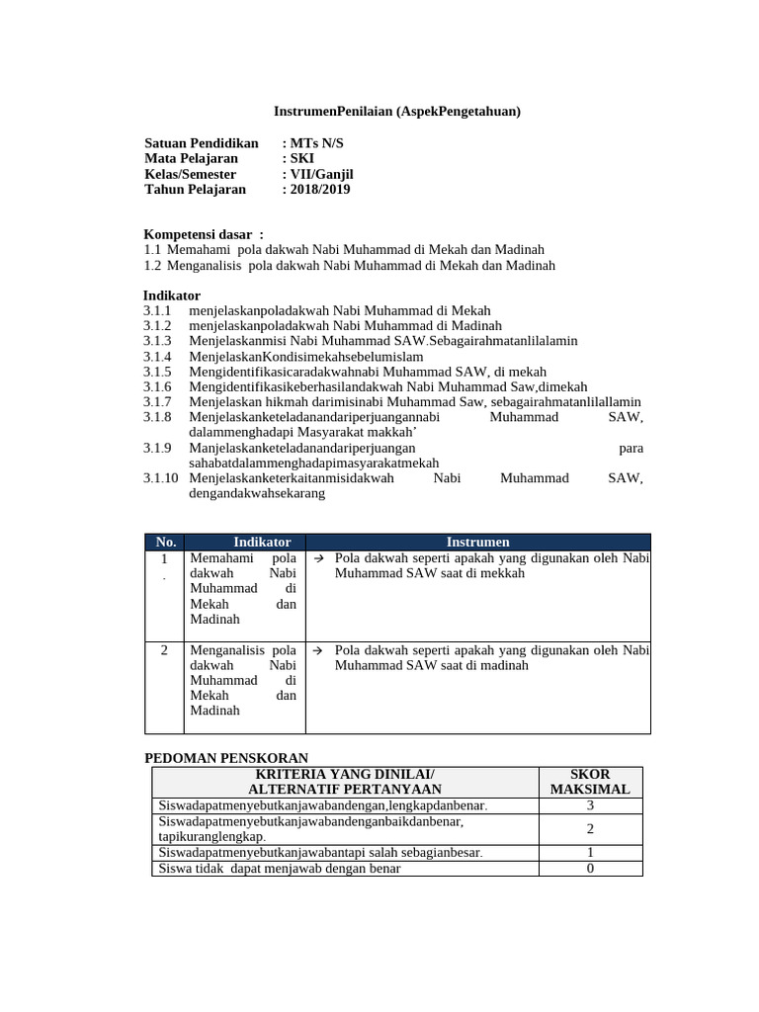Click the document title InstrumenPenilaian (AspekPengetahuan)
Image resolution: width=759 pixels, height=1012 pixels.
pyautogui.click(x=396, y=112)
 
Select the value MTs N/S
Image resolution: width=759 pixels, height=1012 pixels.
pyautogui.click(x=316, y=143)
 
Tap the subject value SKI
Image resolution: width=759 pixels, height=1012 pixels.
pyautogui.click(x=301, y=158)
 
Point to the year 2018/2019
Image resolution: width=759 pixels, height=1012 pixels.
pyautogui.click(x=319, y=190)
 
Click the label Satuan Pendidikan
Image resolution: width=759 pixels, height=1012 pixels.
pyautogui.click(x=201, y=143)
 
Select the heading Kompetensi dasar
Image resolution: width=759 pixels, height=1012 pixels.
pyautogui.click(x=204, y=234)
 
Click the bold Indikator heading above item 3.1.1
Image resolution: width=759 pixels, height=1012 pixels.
pyautogui.click(x=171, y=295)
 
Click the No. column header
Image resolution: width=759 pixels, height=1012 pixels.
pyautogui.click(x=165, y=542)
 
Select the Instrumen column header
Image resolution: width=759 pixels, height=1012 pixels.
pyautogui.click(x=478, y=542)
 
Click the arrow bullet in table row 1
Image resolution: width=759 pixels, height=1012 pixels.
pyautogui.click(x=319, y=558)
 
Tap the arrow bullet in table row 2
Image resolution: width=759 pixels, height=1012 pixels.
pyautogui.click(x=319, y=650)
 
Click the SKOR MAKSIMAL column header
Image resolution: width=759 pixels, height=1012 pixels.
pyautogui.click(x=590, y=781)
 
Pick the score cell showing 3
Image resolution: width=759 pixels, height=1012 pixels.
pyautogui.click(x=590, y=805)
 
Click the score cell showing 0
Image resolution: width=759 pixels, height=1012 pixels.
pyautogui.click(x=590, y=869)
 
